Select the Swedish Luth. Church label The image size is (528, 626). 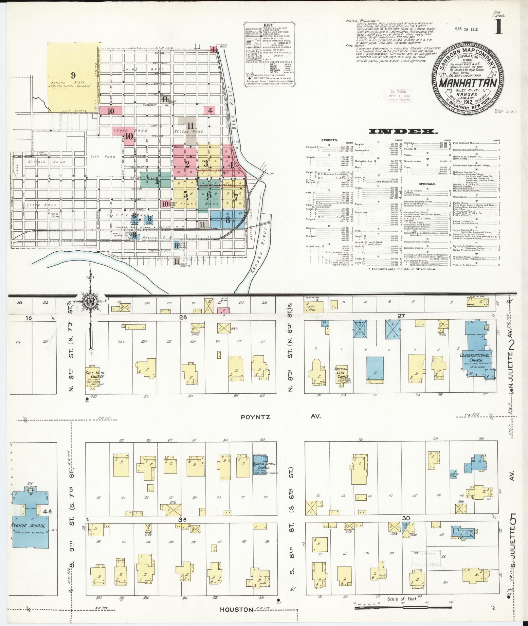343,372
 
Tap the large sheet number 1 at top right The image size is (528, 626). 499,28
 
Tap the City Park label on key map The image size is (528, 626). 101,156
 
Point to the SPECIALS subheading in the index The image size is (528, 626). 428,184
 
